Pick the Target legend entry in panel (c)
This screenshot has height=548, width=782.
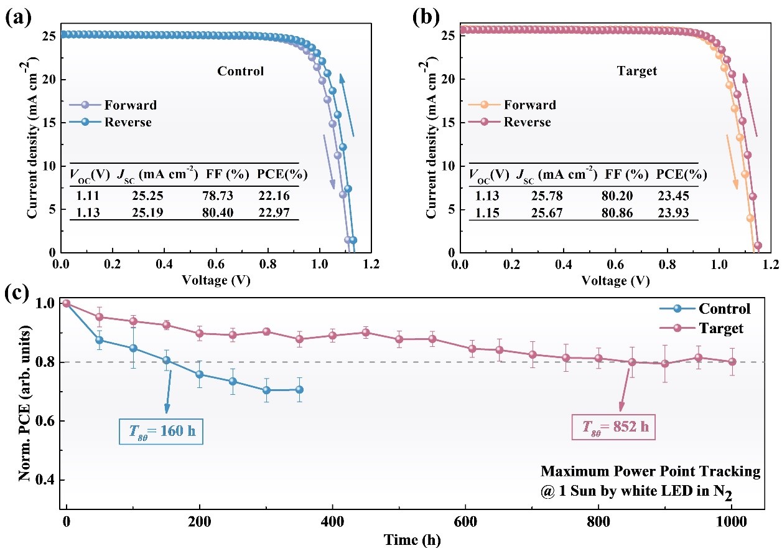coord(720,328)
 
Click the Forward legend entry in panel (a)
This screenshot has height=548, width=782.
coord(131,105)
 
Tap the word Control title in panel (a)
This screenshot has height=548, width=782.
coord(240,71)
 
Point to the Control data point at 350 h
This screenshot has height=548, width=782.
coord(299,390)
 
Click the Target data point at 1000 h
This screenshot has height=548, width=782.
coord(732,361)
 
